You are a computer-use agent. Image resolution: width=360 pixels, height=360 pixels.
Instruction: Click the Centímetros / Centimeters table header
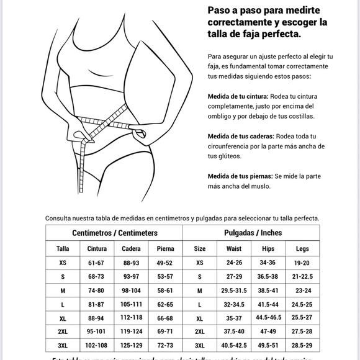[115, 233]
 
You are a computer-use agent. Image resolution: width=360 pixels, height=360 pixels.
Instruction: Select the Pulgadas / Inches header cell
[252, 233]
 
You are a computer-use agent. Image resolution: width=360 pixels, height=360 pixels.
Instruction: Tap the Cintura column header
[96, 248]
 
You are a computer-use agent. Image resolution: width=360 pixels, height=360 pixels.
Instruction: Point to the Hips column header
[268, 248]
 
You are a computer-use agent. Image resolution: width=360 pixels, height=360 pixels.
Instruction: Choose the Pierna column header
[165, 248]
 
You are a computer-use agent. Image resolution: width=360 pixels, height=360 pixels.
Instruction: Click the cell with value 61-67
[96, 263]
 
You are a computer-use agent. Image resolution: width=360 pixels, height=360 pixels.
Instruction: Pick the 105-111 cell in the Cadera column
[131, 305]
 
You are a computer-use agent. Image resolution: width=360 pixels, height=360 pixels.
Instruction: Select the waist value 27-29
[234, 277]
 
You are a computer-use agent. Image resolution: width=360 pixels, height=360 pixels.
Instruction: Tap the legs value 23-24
[302, 291]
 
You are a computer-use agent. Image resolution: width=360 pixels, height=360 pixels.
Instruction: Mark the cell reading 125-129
[131, 346]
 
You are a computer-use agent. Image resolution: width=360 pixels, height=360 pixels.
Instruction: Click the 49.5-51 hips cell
[268, 346]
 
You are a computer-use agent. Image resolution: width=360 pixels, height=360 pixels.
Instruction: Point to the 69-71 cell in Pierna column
[165, 333]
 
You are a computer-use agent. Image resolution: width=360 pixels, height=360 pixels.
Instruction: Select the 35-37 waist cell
[234, 318]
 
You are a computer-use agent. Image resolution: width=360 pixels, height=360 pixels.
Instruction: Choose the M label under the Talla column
[63, 291]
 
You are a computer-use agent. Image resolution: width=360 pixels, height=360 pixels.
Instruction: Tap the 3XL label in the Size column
[199, 346]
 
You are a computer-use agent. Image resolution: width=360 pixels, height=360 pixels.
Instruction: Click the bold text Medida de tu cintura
[238, 96]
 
